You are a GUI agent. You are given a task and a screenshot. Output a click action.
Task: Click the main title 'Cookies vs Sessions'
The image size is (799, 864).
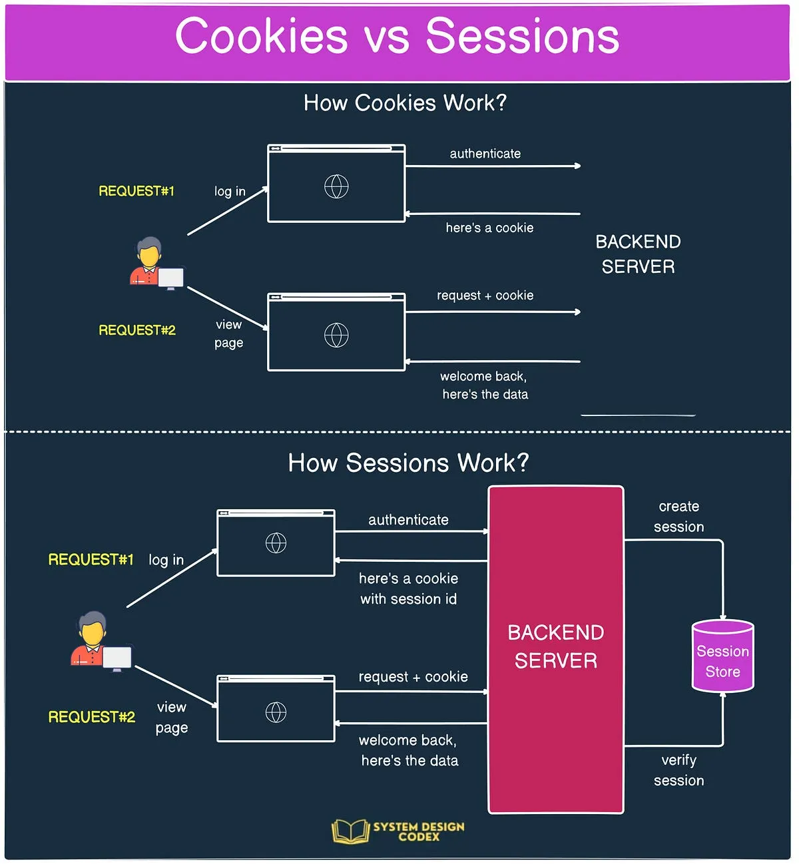click(398, 37)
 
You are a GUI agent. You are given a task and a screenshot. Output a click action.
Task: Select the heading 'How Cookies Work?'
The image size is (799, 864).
click(405, 103)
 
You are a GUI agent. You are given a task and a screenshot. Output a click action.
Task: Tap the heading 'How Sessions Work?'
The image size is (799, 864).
click(408, 463)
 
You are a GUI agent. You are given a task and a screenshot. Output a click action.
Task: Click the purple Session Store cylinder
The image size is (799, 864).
click(722, 656)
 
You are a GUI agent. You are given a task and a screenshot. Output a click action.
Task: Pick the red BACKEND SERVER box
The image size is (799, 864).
click(556, 649)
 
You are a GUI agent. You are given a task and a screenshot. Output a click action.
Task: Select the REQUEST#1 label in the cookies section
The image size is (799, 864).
click(136, 192)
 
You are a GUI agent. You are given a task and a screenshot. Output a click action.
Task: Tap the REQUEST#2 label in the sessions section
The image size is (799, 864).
click(92, 717)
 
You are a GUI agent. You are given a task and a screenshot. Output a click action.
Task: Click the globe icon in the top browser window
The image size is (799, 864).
click(336, 186)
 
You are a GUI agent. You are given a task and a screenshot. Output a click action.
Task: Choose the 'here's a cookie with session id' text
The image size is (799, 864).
click(408, 588)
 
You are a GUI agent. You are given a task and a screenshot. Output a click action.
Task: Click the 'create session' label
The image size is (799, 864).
click(678, 517)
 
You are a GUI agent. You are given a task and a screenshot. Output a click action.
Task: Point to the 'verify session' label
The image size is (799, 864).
click(678, 770)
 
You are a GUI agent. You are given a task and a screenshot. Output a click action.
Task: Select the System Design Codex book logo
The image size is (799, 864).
click(350, 831)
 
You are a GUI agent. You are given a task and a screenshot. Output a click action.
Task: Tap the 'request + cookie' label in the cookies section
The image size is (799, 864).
click(485, 296)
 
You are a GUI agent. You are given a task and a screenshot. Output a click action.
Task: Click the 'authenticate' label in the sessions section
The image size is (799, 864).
click(408, 520)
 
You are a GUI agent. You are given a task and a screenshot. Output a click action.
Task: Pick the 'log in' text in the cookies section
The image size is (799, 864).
click(230, 192)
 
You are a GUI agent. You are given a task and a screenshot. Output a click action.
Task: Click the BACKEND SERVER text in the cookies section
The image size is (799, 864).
click(638, 254)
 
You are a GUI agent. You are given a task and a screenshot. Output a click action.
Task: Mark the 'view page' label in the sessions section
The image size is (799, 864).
click(172, 717)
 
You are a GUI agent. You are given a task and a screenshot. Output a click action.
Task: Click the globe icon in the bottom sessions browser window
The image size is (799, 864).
click(276, 712)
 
